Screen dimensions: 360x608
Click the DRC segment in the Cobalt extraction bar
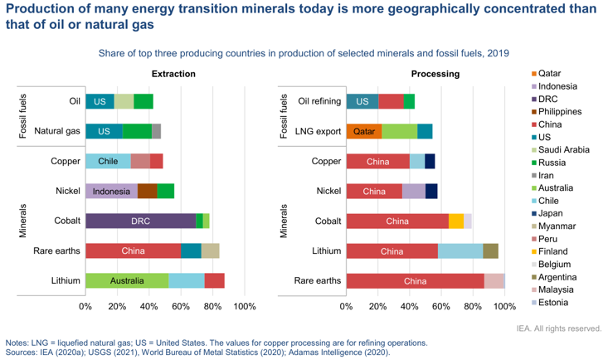(140, 221)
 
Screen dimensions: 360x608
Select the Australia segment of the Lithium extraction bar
(127, 281)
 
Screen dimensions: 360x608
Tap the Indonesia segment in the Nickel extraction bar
(111, 191)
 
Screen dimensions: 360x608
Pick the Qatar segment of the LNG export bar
(363, 131)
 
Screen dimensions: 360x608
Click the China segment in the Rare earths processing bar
(415, 281)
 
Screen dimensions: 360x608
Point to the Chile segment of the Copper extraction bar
(108, 161)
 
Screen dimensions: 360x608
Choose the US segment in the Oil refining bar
(362, 101)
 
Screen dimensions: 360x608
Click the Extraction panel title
(173, 74)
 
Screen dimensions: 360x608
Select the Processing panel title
(435, 74)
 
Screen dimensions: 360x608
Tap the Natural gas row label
(56, 131)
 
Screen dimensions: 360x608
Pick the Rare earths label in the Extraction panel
(56, 251)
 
